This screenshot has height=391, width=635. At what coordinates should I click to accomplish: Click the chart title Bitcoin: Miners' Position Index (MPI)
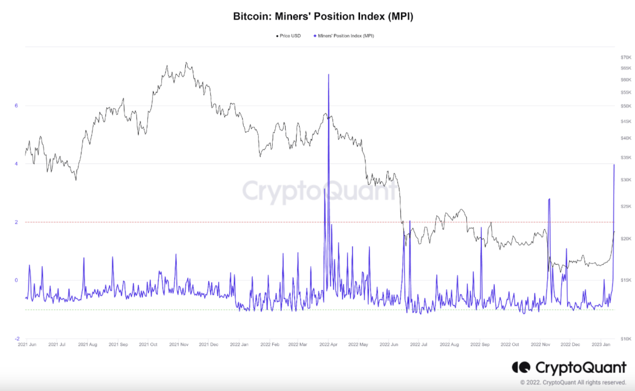[323, 17]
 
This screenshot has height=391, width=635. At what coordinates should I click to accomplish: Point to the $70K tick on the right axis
[626, 57]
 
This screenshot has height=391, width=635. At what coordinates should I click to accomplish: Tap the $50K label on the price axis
[626, 106]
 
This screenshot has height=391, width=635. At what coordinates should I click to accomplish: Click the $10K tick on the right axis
[626, 339]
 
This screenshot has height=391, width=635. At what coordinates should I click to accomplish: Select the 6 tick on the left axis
[16, 105]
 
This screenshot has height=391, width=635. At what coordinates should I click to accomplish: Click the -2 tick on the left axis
[17, 339]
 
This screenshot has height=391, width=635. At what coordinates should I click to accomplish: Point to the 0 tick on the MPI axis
[16, 280]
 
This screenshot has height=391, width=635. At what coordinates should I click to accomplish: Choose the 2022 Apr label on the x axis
[328, 345]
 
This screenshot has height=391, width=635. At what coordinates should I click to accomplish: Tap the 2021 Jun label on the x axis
[27, 345]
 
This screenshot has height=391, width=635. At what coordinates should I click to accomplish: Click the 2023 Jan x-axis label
[601, 345]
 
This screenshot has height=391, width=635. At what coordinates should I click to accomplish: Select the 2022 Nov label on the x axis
[541, 345]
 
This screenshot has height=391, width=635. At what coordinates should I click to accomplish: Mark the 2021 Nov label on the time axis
[179, 345]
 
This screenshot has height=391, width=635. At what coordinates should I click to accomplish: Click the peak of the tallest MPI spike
[329, 75]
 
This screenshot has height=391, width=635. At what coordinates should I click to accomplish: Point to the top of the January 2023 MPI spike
[614, 165]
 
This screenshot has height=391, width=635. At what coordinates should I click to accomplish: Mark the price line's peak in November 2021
[186, 63]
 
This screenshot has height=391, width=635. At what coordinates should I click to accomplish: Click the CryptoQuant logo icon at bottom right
[521, 368]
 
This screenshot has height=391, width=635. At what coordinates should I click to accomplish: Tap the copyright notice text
[573, 382]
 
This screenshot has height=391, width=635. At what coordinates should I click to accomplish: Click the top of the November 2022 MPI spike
[549, 199]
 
